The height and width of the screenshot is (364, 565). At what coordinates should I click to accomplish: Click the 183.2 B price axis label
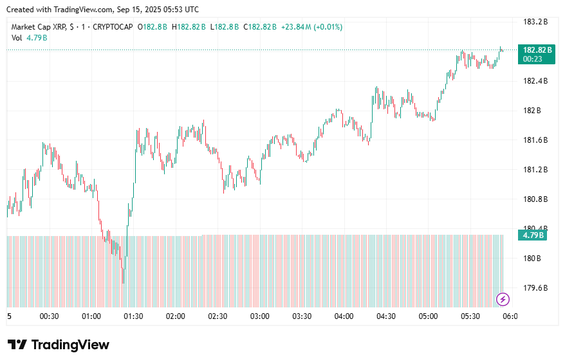point(535,22)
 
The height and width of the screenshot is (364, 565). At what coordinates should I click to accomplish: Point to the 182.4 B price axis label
point(535,81)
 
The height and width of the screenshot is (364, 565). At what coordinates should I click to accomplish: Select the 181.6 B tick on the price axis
point(535,140)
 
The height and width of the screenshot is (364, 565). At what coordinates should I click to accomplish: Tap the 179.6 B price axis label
point(535,288)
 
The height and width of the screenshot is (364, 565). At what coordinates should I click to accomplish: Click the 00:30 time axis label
point(50,316)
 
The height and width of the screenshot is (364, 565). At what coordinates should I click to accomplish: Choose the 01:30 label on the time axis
point(133,316)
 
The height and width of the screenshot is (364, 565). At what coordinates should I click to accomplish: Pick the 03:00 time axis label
point(259,316)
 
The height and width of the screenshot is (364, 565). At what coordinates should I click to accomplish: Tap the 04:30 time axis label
point(385,316)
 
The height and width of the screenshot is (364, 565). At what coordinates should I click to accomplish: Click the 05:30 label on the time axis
point(470,316)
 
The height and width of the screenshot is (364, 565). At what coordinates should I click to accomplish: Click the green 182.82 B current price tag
point(537,50)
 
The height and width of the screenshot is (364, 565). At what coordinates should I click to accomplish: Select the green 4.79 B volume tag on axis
point(533,235)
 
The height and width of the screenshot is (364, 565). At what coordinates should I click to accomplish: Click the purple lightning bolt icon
point(504,299)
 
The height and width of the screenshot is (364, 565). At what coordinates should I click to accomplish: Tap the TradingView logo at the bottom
point(59,345)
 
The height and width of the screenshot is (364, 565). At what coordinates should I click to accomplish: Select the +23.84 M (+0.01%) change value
point(311,27)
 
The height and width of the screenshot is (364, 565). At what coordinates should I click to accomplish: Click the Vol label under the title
point(17,38)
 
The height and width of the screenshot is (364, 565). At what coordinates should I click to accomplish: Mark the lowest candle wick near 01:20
point(123,282)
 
